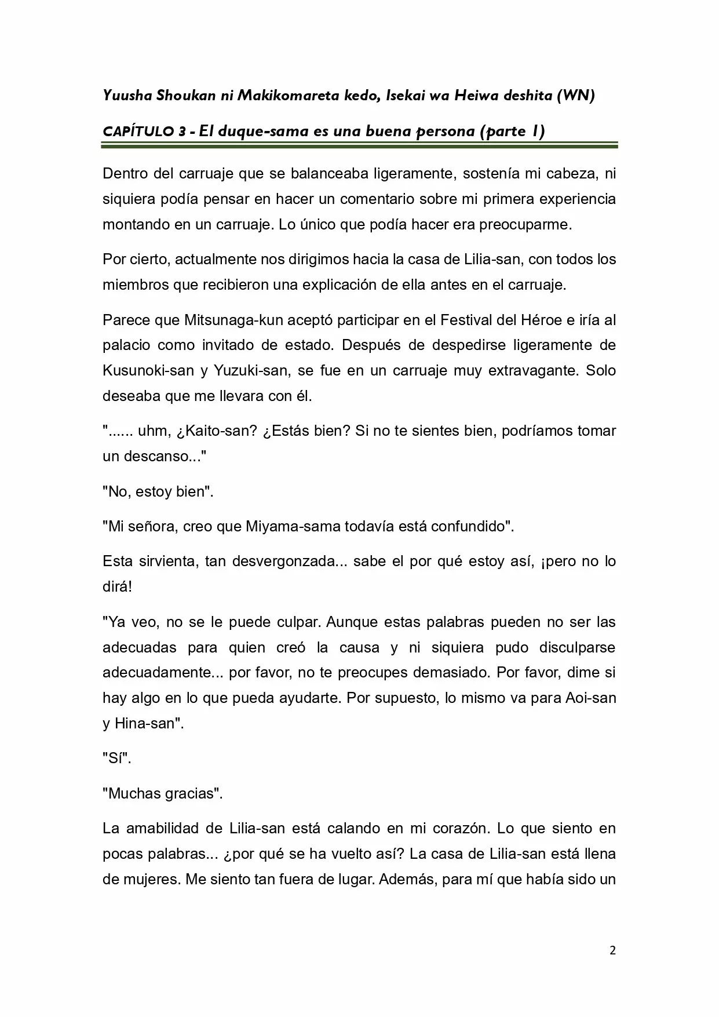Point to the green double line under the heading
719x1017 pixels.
coord(359,146)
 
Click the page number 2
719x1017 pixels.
coord(612,950)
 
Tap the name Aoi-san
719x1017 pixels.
coord(590,698)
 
